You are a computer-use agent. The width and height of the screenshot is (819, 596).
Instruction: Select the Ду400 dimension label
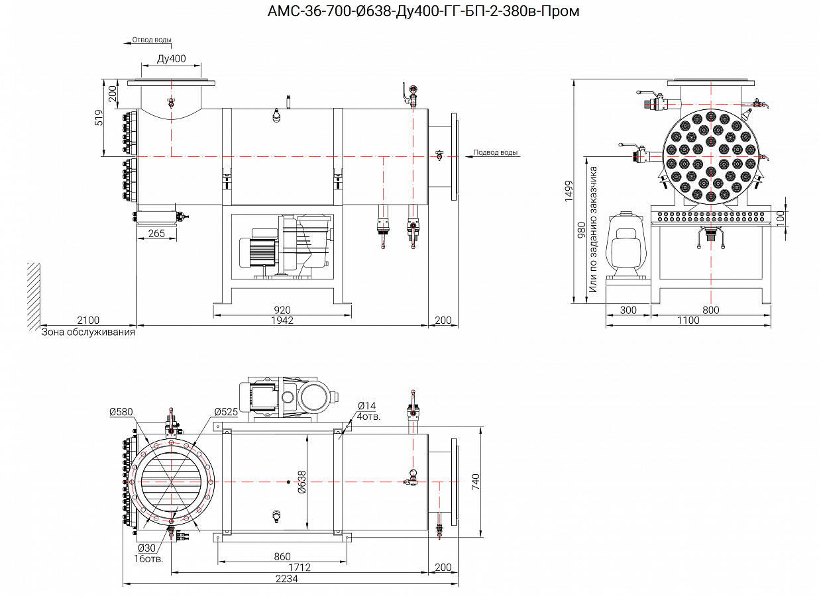pos(171,59)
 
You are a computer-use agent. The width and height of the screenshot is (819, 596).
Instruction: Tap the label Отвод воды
pos(152,39)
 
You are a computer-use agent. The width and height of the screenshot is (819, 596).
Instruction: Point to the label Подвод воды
pos(496,152)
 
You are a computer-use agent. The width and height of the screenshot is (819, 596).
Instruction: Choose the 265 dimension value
pos(157,233)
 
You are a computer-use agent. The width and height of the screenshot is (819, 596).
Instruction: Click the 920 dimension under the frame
pos(282,310)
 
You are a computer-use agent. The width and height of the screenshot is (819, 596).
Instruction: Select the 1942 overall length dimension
pos(282,321)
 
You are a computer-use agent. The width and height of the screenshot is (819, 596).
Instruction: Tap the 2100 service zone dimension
pos(88,321)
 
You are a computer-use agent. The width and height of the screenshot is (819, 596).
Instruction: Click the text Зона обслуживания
pos(88,332)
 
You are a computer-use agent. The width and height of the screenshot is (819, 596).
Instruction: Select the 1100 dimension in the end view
pos(688,321)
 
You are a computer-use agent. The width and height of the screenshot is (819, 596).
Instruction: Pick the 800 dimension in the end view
pos(710,310)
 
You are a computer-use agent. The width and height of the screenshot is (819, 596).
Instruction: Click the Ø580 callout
pos(121,412)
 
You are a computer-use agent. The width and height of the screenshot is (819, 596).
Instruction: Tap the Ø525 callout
pos(225,412)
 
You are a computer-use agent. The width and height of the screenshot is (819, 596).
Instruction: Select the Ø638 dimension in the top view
pos(301,482)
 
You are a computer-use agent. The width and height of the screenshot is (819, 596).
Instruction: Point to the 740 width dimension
pos(475,482)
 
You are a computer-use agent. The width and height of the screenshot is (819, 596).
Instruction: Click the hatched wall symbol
pos(34,295)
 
